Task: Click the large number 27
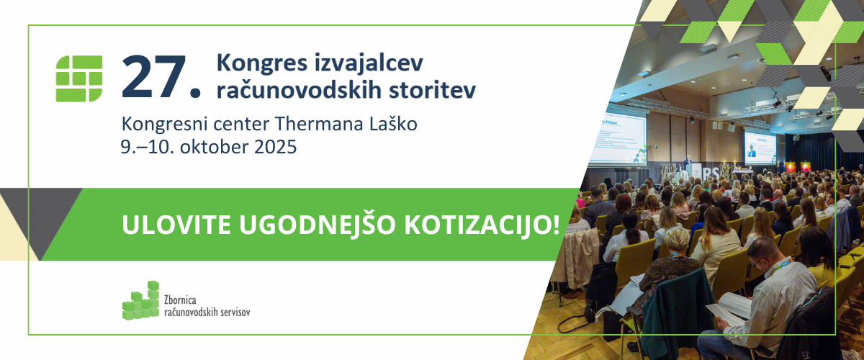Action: (x=161, y=77)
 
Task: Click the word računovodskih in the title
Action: (x=299, y=90)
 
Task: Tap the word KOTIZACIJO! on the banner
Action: (x=482, y=225)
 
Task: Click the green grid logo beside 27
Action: (x=79, y=78)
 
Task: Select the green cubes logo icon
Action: (x=141, y=300)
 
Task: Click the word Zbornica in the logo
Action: (x=180, y=300)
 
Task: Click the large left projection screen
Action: (x=618, y=138)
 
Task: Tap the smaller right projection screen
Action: (x=760, y=148)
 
